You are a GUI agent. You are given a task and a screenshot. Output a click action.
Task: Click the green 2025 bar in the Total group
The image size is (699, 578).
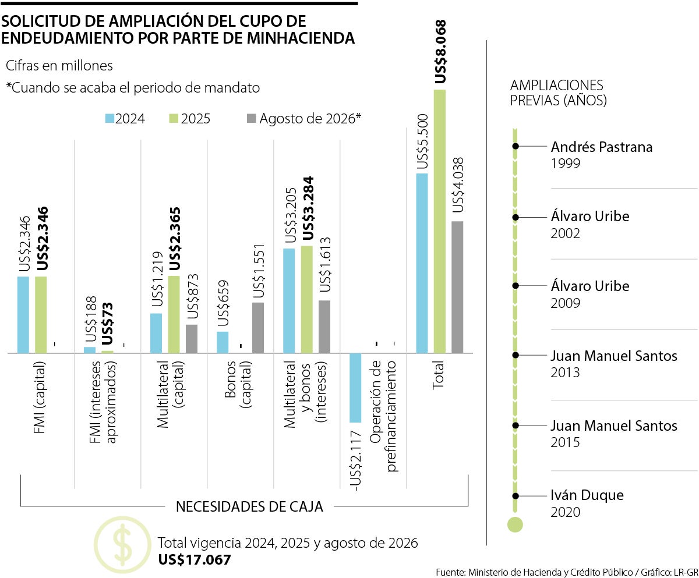(x=440, y=221)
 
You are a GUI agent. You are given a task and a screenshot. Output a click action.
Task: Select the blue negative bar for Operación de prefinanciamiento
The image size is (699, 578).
(x=355, y=388)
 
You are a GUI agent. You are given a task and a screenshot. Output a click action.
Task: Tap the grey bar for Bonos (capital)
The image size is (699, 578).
(x=258, y=328)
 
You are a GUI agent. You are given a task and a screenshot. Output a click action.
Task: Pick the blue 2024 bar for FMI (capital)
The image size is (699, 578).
(x=23, y=315)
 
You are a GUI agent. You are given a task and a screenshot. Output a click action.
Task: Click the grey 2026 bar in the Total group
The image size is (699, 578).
(x=457, y=287)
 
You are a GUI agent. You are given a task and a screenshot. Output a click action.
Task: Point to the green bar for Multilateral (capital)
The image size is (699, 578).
(x=174, y=314)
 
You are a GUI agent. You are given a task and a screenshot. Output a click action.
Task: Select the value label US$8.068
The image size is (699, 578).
(x=441, y=52)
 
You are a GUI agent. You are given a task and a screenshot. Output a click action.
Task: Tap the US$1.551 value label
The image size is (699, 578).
(x=259, y=271)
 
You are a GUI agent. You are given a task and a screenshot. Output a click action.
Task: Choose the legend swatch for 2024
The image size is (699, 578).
(x=110, y=119)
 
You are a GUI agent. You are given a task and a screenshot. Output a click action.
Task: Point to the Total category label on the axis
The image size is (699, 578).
(x=439, y=375)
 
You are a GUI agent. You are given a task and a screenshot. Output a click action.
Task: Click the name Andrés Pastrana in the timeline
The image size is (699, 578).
(x=601, y=147)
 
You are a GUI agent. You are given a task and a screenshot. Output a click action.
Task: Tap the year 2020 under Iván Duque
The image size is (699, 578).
(x=565, y=512)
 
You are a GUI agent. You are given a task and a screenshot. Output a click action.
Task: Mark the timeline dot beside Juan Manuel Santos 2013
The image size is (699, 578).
(x=515, y=355)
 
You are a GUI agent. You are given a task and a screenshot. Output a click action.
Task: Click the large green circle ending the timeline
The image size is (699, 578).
(x=515, y=524)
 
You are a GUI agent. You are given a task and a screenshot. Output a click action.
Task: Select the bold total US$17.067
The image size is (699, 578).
(x=195, y=560)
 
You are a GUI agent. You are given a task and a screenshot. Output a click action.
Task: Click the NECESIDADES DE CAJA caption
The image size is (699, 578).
(x=249, y=506)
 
